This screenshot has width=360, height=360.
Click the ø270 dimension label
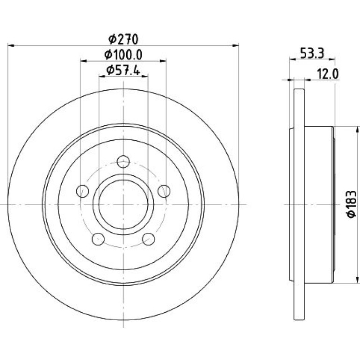click(123, 39)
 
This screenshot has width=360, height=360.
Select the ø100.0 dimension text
click(123, 55)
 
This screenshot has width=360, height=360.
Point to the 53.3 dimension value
click(312, 54)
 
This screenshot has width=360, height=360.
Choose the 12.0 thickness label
click(328, 74)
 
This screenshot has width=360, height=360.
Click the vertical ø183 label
click(352, 204)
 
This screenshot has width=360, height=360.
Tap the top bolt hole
click(123, 162)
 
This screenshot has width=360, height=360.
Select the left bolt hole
click(82, 191)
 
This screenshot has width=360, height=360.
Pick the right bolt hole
click(164, 191)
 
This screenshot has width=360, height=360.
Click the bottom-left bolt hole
click(98, 239)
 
